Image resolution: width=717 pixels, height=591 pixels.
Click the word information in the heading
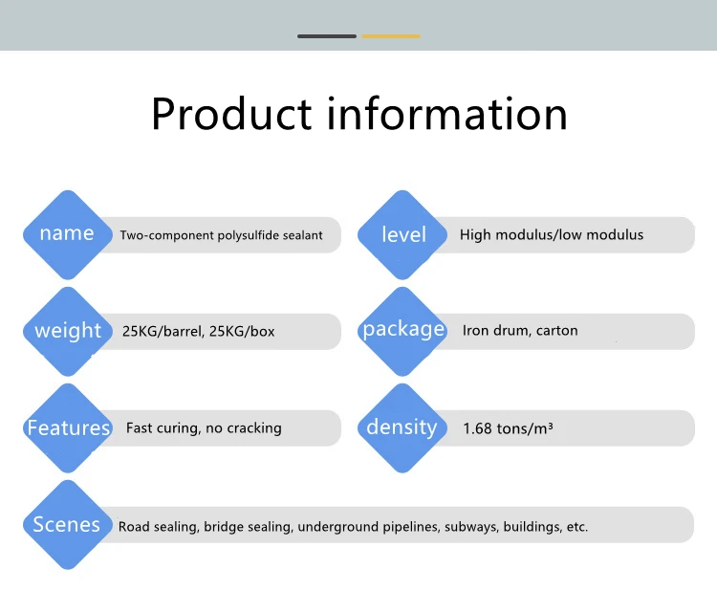pos(447,114)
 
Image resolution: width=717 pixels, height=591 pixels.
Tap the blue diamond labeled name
pos(67,234)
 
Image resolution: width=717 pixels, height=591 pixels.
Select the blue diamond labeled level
pos(402,234)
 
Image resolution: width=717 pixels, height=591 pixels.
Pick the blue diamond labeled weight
pos(67,331)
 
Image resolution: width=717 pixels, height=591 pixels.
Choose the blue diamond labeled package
pos(402,331)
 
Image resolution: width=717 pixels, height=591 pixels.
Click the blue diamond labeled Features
pos(67,427)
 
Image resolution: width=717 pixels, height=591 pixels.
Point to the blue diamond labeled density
pos(402,427)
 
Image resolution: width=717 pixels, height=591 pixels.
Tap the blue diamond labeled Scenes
pos(67,524)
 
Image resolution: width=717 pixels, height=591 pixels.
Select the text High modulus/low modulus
pos(552,234)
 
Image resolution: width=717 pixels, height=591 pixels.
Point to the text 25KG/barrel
pos(162,332)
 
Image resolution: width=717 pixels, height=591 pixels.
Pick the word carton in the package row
pos(557,331)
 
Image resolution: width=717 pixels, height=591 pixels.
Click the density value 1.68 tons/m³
pos(508,428)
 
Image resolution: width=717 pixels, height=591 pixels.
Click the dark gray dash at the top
pos(327,36)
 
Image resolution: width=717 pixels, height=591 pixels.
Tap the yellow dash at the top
pos(390,36)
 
